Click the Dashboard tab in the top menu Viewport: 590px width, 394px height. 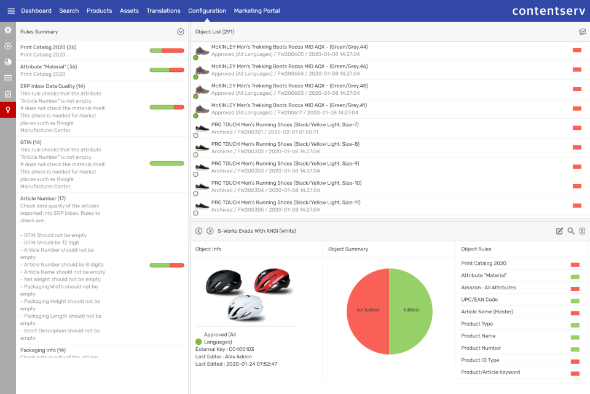click(x=36, y=10)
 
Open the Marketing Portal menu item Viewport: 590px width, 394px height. click(x=257, y=10)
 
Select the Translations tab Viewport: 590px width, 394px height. click(x=163, y=10)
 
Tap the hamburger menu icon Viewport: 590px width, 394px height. click(x=10, y=10)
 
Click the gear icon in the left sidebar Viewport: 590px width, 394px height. click(x=8, y=30)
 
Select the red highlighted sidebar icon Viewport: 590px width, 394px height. click(x=8, y=110)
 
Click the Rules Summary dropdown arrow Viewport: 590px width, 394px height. click(x=181, y=31)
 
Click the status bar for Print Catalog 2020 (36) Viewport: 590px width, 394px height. click(x=167, y=50)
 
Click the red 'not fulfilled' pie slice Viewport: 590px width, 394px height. click(x=368, y=310)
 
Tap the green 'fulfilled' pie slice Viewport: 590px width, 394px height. click(x=411, y=310)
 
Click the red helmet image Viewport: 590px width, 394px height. click(x=273, y=281)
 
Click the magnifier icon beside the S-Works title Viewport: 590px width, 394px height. click(x=571, y=231)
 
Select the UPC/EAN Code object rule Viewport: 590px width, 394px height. click(x=479, y=299)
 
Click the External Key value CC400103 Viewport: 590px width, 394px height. click(x=241, y=349)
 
